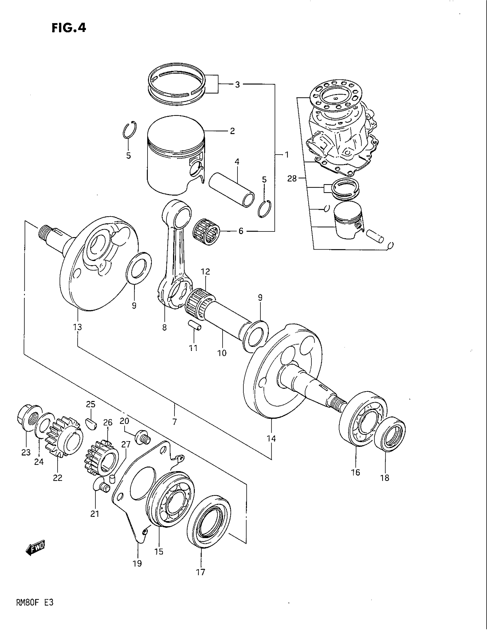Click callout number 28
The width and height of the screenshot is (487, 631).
click(292, 179)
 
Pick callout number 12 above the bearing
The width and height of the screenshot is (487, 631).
click(205, 272)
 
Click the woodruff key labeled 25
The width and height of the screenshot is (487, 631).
click(91, 424)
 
